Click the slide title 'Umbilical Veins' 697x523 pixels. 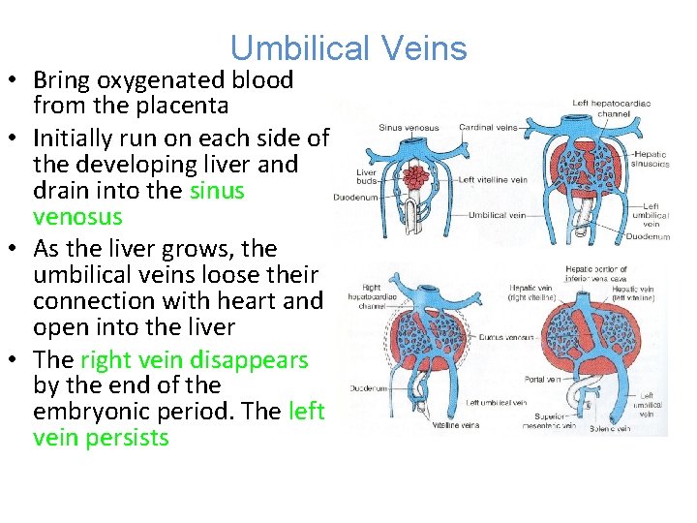(348, 48)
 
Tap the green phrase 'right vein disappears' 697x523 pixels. (194, 360)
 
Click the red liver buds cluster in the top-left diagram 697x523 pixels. (415, 176)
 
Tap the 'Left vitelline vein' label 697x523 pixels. (493, 179)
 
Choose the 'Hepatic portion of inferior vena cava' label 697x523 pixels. (596, 273)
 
